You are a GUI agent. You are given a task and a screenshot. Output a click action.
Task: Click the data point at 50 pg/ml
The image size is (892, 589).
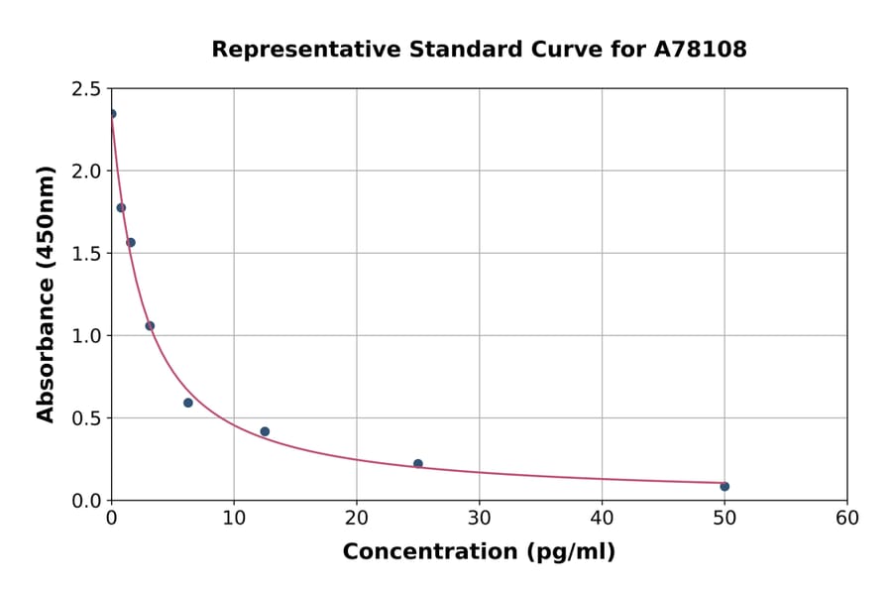pyautogui.click(x=725, y=486)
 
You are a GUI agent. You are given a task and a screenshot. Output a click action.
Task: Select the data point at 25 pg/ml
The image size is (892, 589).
pyautogui.click(x=418, y=463)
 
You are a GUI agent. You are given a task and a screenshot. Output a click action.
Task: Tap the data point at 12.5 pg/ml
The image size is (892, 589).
pyautogui.click(x=265, y=431)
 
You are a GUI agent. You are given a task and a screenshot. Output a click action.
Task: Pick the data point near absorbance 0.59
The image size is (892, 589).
pyautogui.click(x=188, y=403)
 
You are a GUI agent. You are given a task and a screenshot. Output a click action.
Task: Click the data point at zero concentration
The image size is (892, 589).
pyautogui.click(x=112, y=114)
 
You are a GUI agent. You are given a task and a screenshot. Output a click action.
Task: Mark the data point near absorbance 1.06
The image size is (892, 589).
pyautogui.click(x=150, y=325)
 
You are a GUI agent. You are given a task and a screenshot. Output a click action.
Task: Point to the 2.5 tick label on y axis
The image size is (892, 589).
pyautogui.click(x=85, y=89)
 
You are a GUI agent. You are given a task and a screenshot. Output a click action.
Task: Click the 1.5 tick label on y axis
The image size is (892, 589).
pyautogui.click(x=85, y=254)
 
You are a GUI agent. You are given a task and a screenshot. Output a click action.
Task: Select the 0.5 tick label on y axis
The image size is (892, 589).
pyautogui.click(x=85, y=418)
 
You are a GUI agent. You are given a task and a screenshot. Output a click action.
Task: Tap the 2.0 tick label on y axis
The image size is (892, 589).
pyautogui.click(x=85, y=172)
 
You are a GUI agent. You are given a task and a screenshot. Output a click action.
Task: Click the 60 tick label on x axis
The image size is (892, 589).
pyautogui.click(x=846, y=518)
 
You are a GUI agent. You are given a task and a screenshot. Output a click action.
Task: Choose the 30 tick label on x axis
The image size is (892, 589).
pyautogui.click(x=479, y=518)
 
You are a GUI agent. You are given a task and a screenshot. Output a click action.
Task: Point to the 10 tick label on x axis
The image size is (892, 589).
pyautogui.click(x=234, y=518)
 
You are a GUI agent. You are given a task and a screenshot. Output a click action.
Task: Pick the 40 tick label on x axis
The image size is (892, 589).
pyautogui.click(x=602, y=518)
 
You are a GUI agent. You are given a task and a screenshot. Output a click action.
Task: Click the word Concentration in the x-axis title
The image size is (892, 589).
pyautogui.click(x=427, y=552)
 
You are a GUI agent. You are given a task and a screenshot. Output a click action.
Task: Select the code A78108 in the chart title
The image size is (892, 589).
pyautogui.click(x=700, y=50)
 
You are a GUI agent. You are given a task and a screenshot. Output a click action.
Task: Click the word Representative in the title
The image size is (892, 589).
pyautogui.click(x=292, y=50)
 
